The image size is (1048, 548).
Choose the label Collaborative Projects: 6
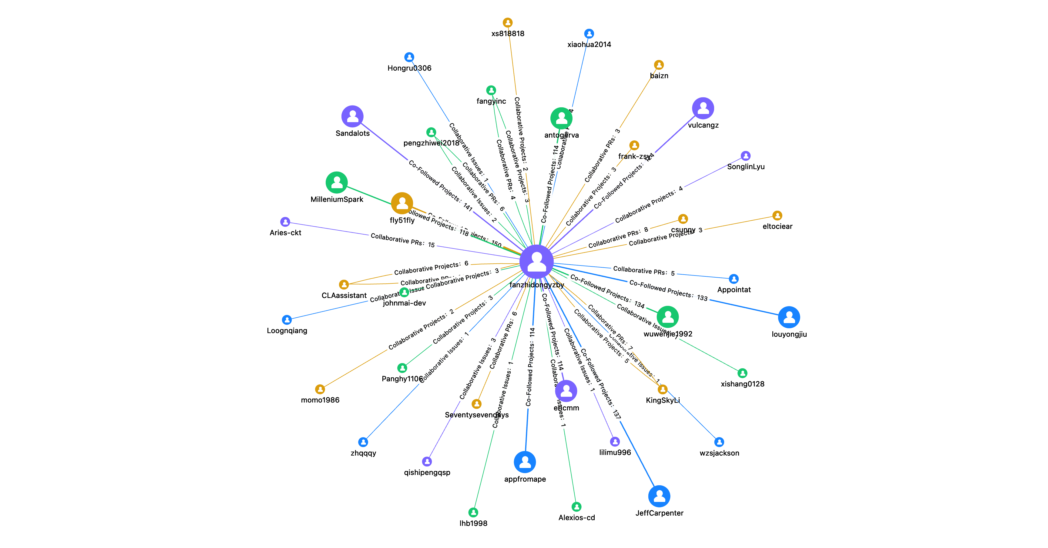[x=431, y=268]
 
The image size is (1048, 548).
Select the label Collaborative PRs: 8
[x=618, y=237]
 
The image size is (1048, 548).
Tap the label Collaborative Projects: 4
[x=649, y=205]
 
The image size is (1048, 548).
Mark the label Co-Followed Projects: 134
[x=607, y=290]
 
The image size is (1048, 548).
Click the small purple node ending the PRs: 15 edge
[x=285, y=222]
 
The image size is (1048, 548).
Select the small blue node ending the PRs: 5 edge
[x=734, y=279]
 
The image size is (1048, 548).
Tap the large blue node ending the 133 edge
[x=789, y=317]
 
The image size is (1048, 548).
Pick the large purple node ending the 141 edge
[x=352, y=116]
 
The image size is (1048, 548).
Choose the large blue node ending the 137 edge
[x=659, y=496]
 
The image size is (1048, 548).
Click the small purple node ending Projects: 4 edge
[x=745, y=156]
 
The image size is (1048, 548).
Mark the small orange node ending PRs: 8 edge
[x=683, y=219]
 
